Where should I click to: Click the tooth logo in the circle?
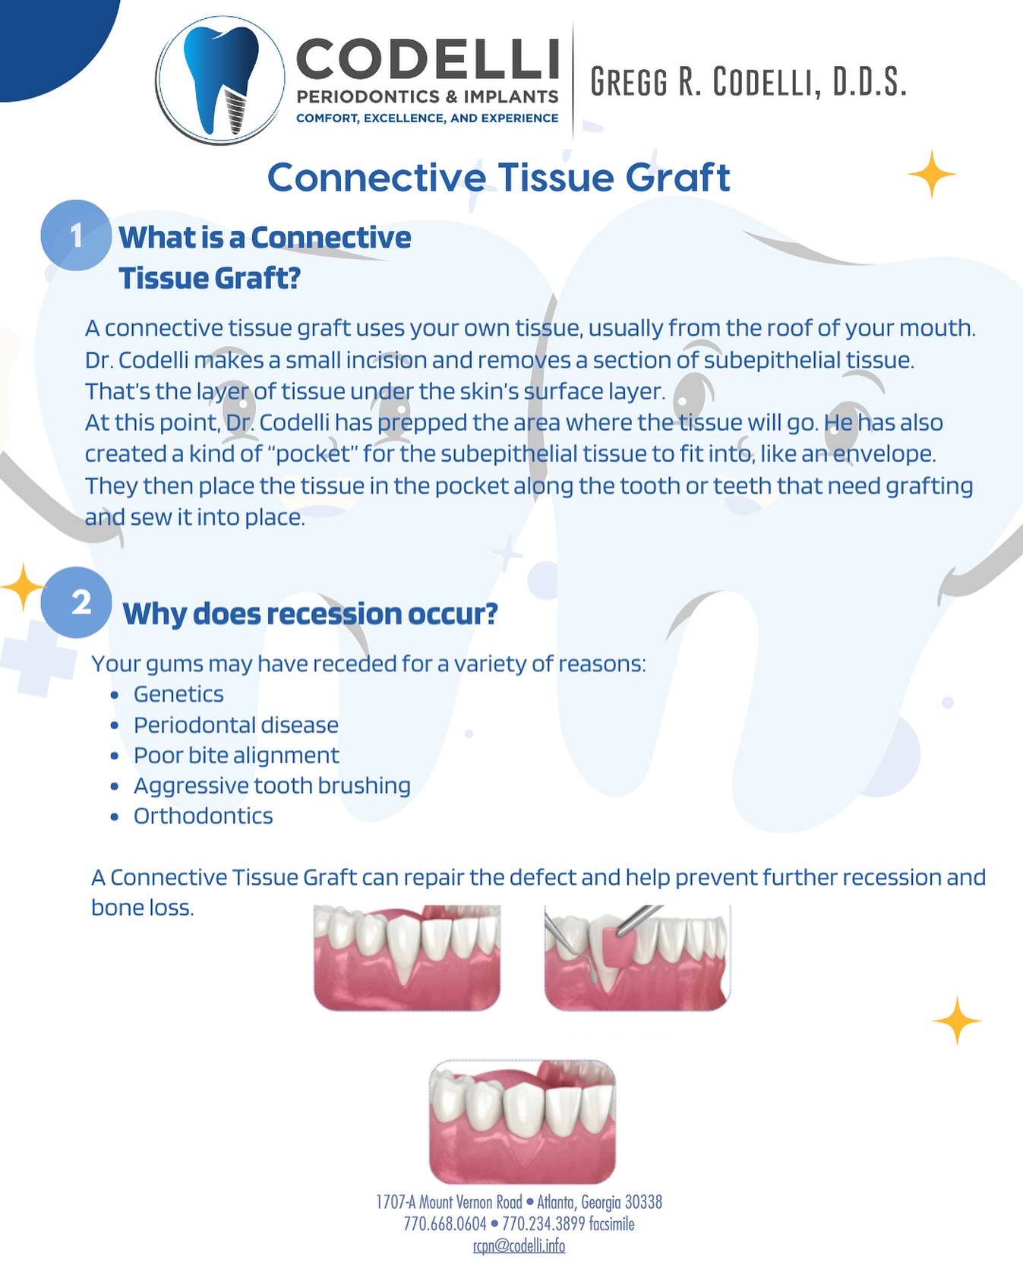(x=220, y=80)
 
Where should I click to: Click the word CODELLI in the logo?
(x=428, y=59)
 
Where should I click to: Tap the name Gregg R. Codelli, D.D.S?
(x=749, y=82)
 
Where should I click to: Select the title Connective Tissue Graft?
(x=498, y=178)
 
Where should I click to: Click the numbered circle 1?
(x=76, y=235)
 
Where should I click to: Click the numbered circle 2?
(x=77, y=602)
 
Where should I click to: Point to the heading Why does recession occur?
(x=310, y=614)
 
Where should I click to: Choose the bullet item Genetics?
(x=178, y=694)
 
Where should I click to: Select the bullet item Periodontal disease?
(x=236, y=724)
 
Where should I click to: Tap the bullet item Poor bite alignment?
(x=236, y=756)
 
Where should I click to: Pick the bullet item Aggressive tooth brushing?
(x=272, y=786)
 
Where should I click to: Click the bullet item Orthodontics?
(x=203, y=816)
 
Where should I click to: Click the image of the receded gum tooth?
(x=407, y=958)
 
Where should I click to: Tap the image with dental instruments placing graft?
(x=637, y=958)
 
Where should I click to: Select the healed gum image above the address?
(x=523, y=1122)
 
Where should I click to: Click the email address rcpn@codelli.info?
(x=519, y=1246)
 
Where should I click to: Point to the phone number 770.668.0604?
(x=445, y=1224)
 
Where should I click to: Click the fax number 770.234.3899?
(x=544, y=1224)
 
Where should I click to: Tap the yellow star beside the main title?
(x=932, y=175)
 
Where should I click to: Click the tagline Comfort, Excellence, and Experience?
(x=428, y=118)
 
